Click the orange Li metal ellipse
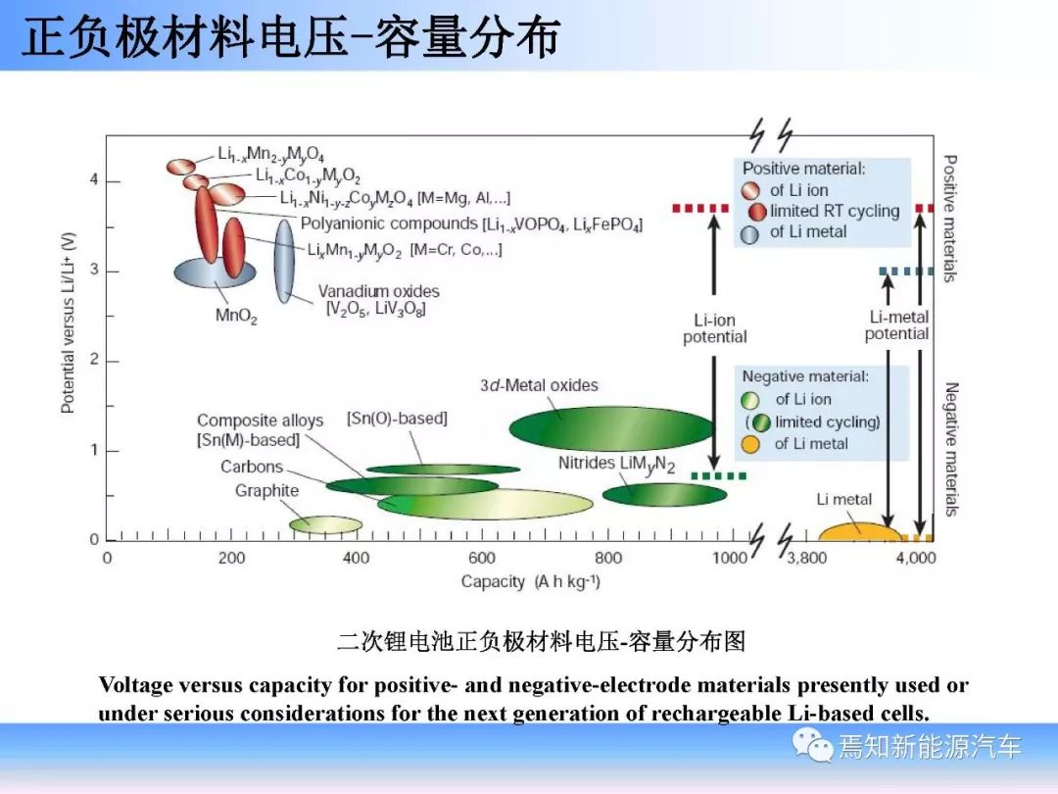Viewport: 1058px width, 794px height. [860, 532]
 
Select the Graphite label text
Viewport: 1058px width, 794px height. [266, 491]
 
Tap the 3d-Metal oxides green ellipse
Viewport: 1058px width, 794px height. [611, 428]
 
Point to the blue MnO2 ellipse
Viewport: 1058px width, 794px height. [215, 273]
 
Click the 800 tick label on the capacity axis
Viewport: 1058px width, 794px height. [607, 558]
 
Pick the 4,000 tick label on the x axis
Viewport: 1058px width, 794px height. [916, 558]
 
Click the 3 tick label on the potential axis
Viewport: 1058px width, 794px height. [94, 271]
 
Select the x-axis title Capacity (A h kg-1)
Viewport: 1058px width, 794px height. [530, 581]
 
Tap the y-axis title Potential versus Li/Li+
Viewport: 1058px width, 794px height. [69, 323]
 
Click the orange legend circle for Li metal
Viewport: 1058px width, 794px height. [750, 444]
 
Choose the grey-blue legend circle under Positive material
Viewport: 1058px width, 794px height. [749, 234]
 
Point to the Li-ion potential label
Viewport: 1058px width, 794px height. [714, 328]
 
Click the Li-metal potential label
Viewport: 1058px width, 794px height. [897, 325]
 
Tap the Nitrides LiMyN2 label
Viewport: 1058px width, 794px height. [616, 465]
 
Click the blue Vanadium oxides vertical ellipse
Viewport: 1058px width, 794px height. [284, 262]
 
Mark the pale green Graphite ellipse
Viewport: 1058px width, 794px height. [326, 524]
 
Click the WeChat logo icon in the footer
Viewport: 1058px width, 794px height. [812, 745]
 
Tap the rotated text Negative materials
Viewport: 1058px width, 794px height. [951, 450]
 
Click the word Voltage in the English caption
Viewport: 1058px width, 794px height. [135, 685]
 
